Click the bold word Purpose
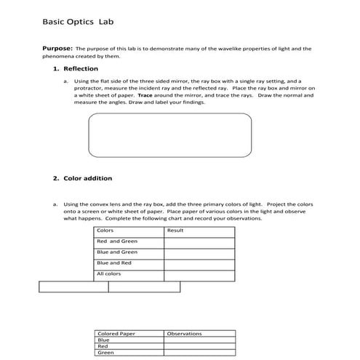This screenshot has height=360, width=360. (58, 49)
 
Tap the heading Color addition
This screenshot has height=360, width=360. (88, 177)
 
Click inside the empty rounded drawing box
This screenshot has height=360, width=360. (169, 135)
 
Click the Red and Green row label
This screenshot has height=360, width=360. (117, 241)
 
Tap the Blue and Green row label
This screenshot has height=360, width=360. (117, 252)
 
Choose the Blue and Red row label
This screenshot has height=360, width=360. (114, 263)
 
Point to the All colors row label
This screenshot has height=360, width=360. (109, 274)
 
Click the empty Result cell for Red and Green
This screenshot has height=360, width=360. (199, 242)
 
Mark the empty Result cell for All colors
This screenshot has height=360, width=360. (199, 275)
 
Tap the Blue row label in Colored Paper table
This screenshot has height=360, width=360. (103, 340)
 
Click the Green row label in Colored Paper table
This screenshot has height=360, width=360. (105, 353)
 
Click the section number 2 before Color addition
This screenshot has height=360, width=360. (55, 177)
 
